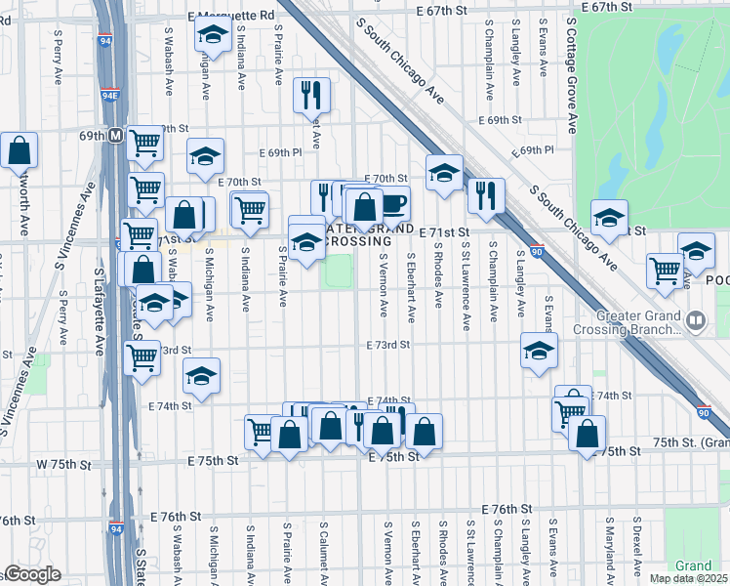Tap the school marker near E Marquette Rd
point(212,36)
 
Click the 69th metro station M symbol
point(115,135)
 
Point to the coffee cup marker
point(393,203)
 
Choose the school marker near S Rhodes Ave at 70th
point(444,174)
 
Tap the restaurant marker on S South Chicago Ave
point(484,196)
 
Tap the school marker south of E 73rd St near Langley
point(539,353)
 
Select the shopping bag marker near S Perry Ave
point(20,151)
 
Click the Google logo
point(33,574)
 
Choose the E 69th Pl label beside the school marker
point(281,154)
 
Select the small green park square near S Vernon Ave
point(339,271)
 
